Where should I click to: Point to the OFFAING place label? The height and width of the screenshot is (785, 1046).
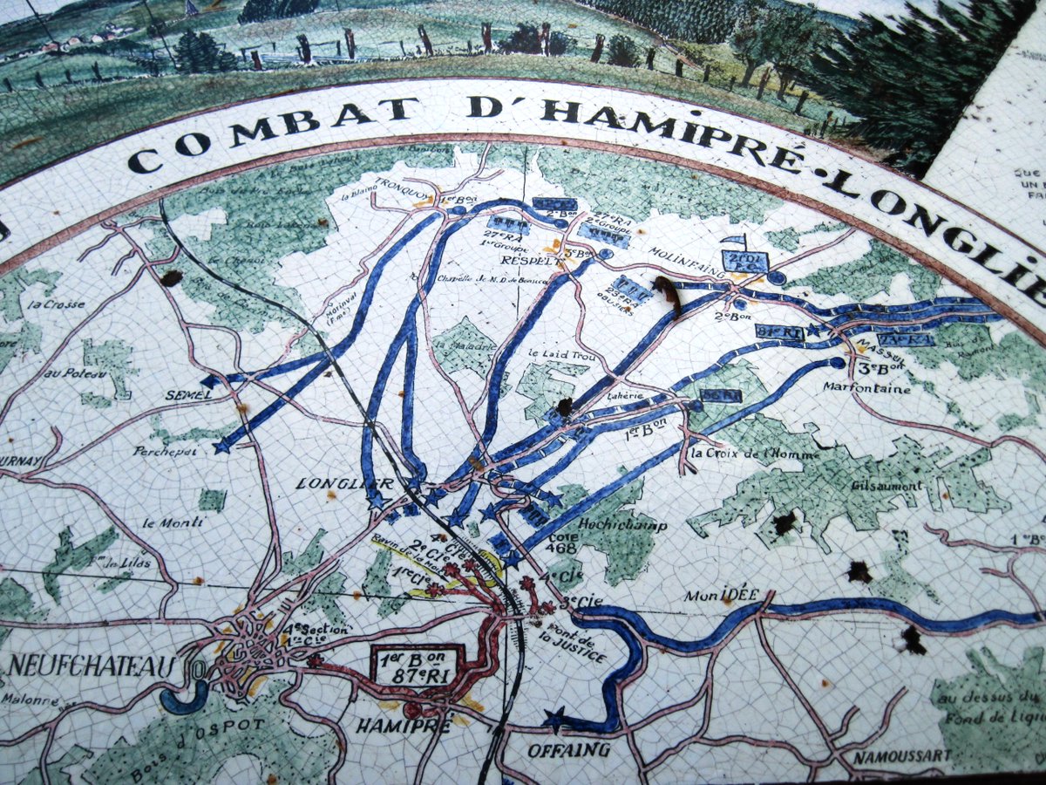[x=568, y=749]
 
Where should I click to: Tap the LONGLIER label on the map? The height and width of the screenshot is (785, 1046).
[x=332, y=482]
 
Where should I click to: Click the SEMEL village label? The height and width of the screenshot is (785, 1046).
[x=188, y=394]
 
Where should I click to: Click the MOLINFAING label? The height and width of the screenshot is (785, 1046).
[x=684, y=250]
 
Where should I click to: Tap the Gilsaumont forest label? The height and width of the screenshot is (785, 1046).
[x=887, y=486]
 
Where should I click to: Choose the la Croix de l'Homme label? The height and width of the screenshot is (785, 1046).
[x=753, y=454]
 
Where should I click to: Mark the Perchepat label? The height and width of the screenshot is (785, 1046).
[x=165, y=451]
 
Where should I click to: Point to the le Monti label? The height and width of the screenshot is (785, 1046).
[x=173, y=522]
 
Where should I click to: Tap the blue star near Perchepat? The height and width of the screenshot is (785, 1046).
[x=222, y=446]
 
